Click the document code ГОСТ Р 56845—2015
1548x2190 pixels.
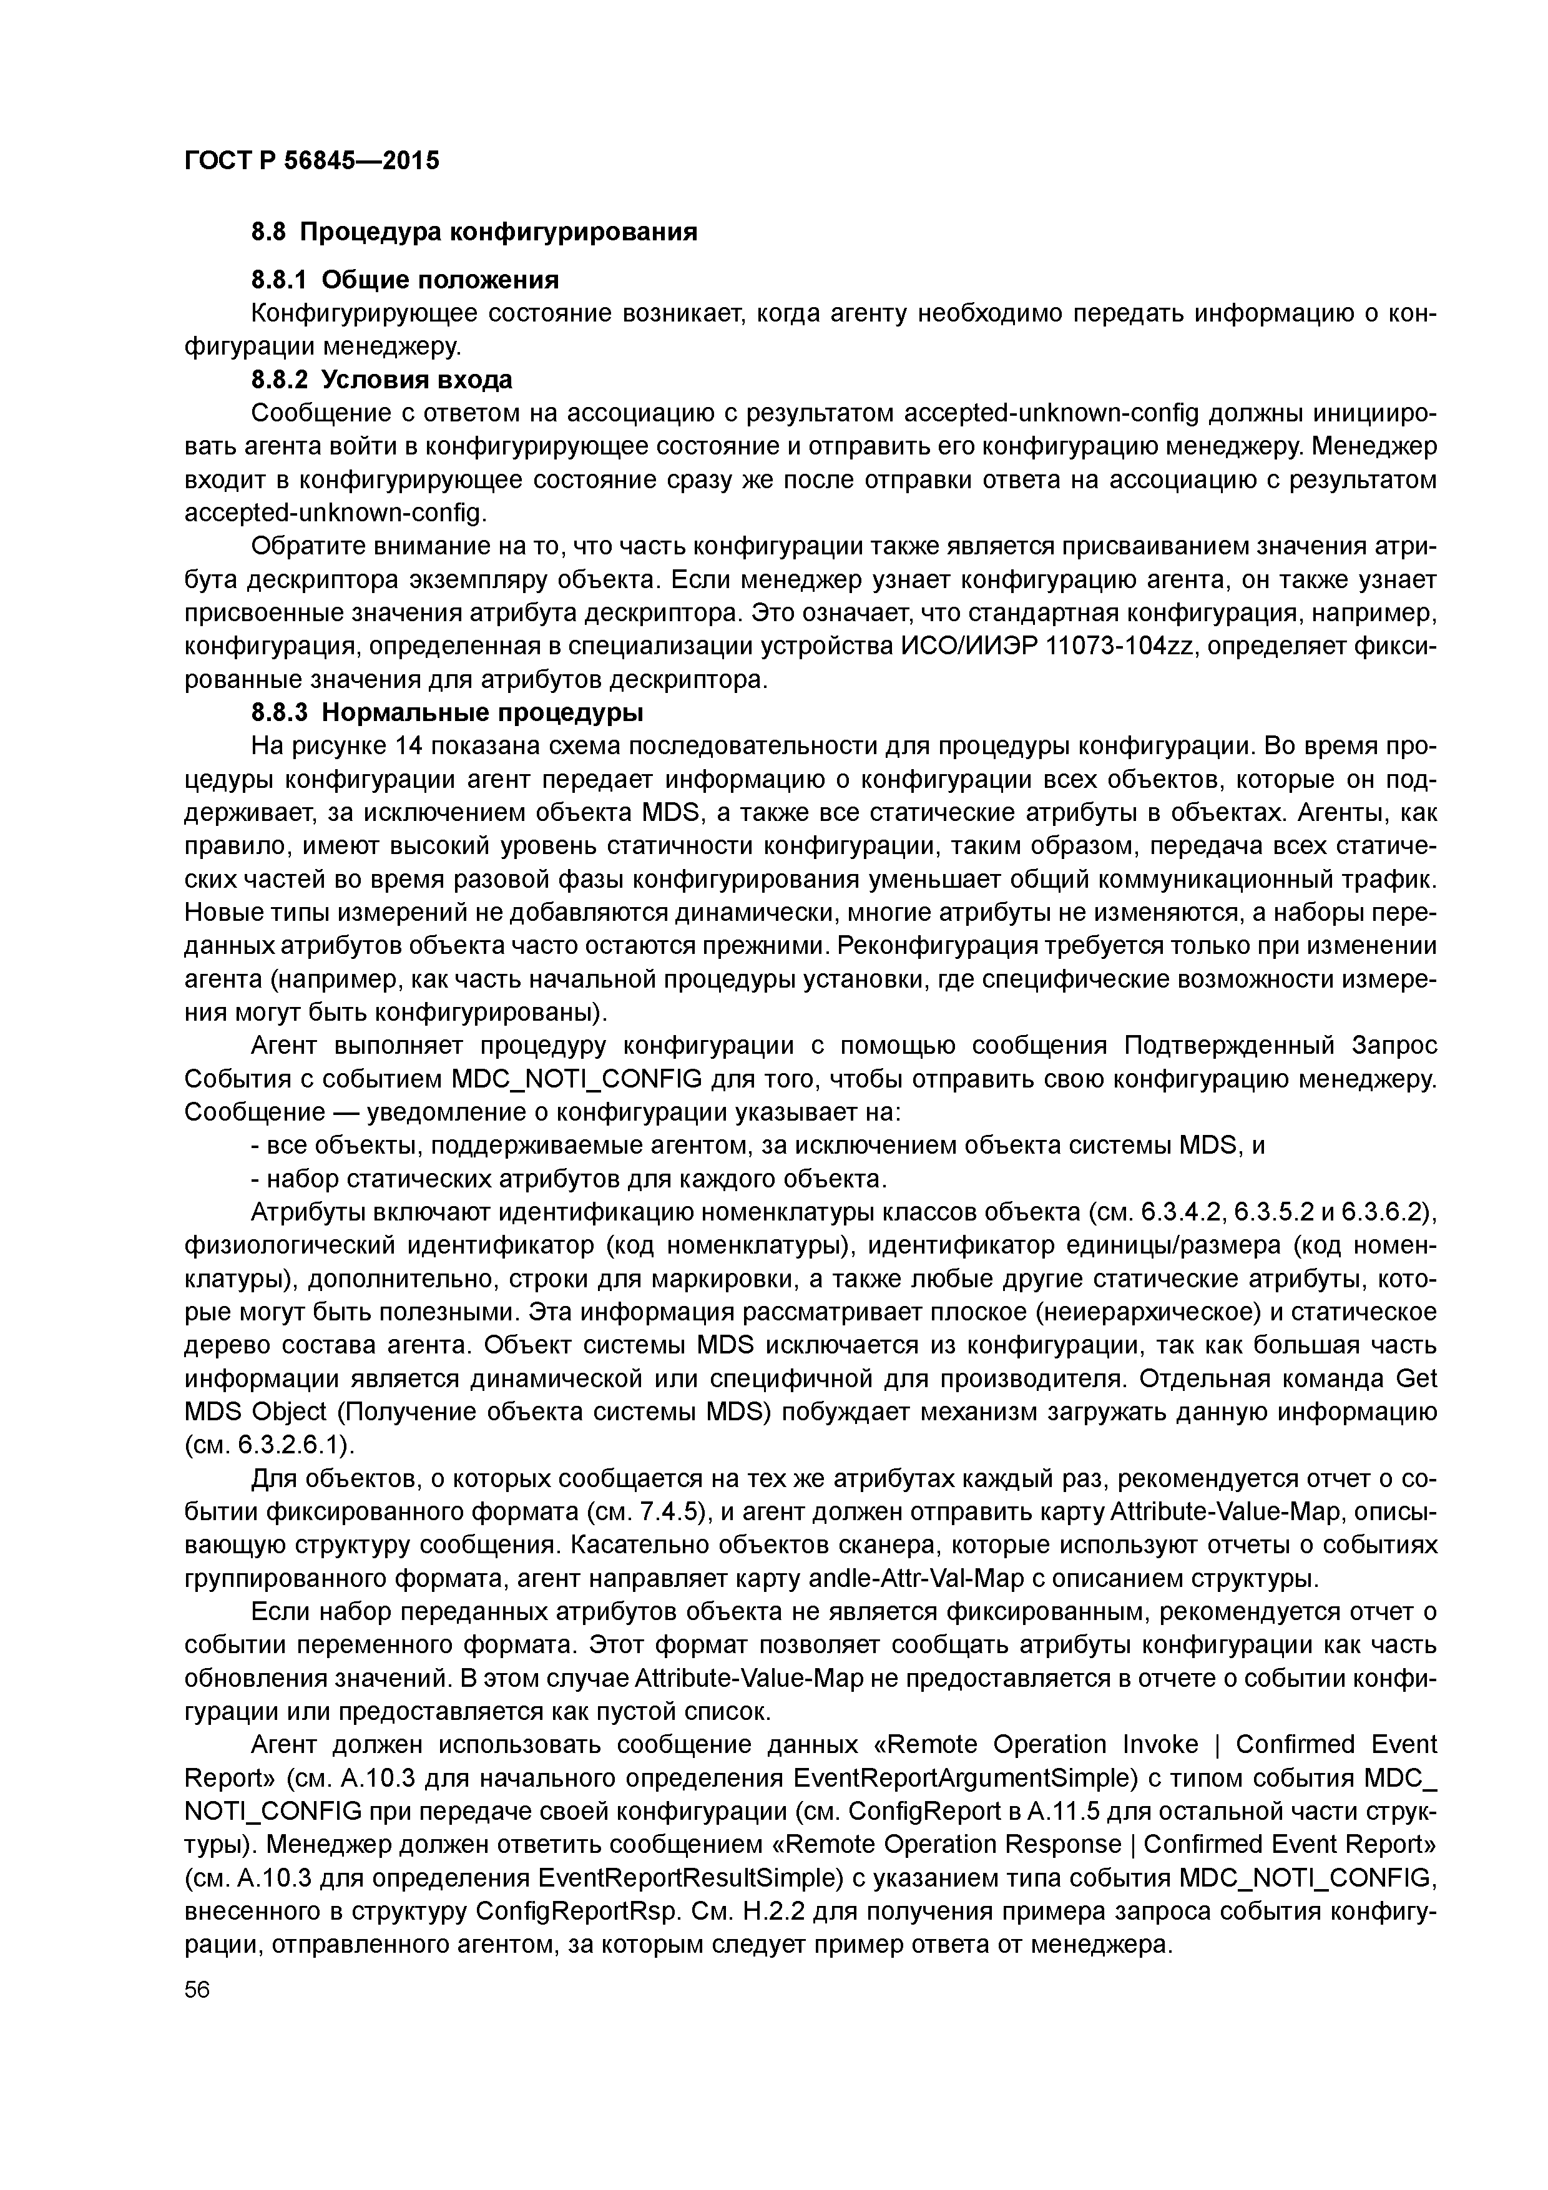click(x=311, y=161)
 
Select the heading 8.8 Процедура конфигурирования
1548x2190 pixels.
click(x=474, y=232)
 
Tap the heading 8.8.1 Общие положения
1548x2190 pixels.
click(x=404, y=280)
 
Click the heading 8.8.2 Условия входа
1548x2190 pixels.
click(x=381, y=380)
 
